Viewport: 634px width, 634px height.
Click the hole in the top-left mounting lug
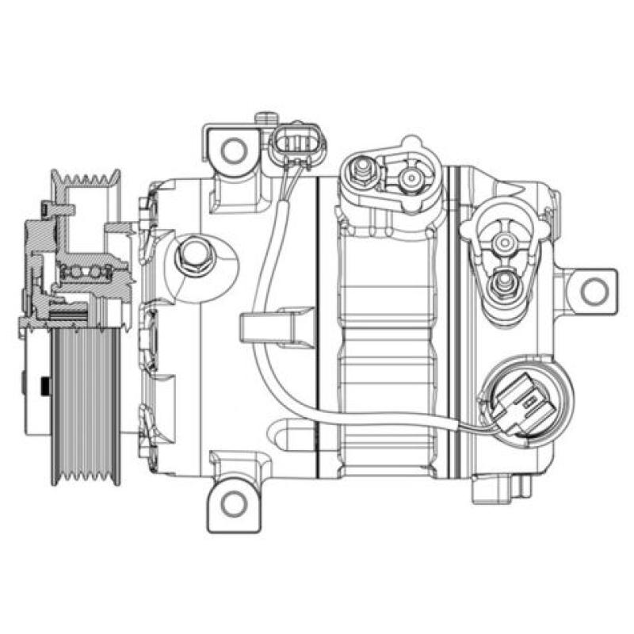[234, 149]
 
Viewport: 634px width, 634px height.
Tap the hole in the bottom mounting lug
[233, 502]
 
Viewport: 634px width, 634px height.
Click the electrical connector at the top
[297, 143]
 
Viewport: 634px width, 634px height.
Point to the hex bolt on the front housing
[193, 255]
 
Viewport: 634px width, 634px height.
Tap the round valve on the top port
[411, 178]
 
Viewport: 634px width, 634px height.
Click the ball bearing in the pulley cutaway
[87, 273]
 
